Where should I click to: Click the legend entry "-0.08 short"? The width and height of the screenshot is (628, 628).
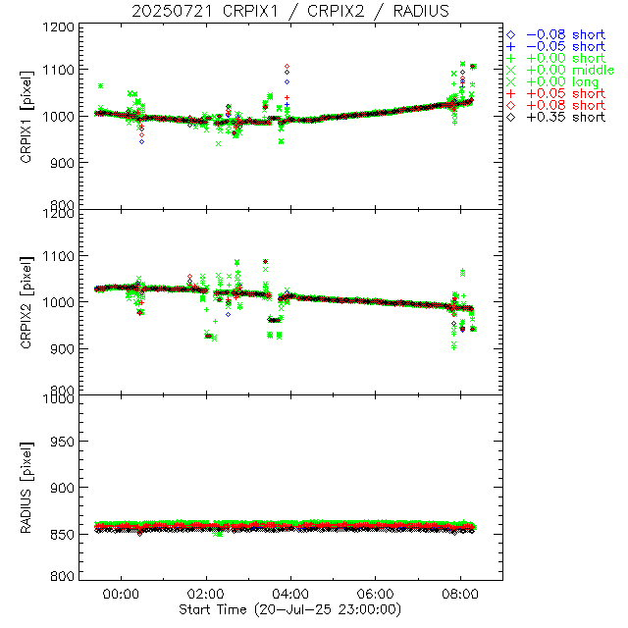click(x=565, y=34)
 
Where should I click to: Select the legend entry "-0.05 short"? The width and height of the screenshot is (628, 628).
click(x=565, y=46)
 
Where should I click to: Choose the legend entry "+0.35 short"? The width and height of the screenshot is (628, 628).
click(x=565, y=117)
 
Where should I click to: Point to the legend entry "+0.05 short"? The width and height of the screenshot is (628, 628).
click(x=565, y=93)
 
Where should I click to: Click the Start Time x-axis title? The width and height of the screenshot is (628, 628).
click(x=290, y=610)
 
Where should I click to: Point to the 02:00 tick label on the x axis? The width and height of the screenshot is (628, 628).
click(x=206, y=594)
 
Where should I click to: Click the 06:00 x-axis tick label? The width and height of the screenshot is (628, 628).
click(x=376, y=594)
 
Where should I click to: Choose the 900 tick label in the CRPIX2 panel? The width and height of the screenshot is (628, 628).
click(x=59, y=348)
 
